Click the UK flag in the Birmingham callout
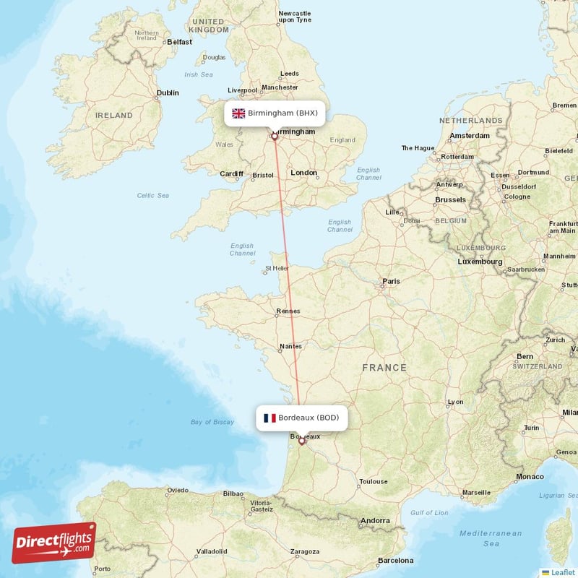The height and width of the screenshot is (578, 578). click(238, 113)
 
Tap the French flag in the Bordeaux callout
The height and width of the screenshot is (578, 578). click(269, 418)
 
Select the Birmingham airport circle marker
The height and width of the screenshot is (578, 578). click(275, 135)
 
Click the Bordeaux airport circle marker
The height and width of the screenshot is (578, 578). click(302, 441)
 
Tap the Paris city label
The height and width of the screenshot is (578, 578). click(391, 281)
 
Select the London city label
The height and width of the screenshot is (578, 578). click(303, 173)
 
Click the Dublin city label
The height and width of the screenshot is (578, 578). click(168, 92)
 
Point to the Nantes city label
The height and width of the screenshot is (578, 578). click(290, 346)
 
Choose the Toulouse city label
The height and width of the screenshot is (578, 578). click(374, 481)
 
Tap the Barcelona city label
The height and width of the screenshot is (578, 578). click(395, 560)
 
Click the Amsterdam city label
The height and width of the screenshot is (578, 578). click(470, 136)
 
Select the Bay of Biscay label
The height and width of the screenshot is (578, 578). click(212, 422)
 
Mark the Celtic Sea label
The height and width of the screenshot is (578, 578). click(152, 195)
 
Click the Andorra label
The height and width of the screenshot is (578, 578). click(375, 520)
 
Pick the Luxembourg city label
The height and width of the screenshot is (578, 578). click(480, 261)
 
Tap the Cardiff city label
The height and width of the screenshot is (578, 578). click(232, 173)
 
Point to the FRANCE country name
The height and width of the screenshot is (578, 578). click(384, 368)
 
